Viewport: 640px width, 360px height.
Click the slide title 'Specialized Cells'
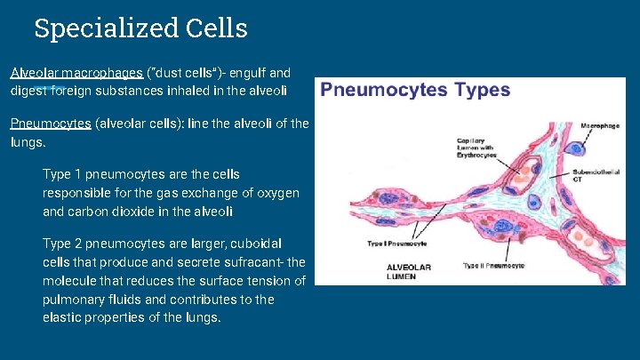(x=140, y=28)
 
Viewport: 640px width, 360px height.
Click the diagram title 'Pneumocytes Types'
(x=415, y=90)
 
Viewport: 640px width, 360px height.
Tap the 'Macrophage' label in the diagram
(x=599, y=127)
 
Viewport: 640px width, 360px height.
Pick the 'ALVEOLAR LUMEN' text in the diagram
(x=408, y=271)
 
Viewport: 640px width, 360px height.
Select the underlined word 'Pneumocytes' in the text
(x=51, y=124)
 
